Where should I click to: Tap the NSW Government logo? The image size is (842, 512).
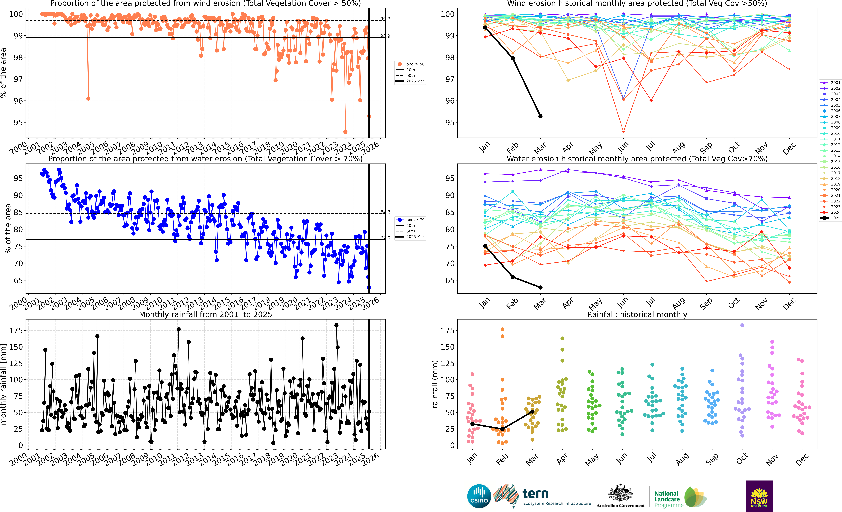coord(759,496)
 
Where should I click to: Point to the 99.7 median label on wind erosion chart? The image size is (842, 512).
coord(385,19)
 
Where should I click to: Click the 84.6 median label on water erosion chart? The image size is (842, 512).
coord(385,212)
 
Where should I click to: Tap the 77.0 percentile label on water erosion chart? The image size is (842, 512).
coord(385,238)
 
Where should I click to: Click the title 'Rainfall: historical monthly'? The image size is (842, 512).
coord(637,314)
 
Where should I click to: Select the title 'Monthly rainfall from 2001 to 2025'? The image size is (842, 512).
coord(205,314)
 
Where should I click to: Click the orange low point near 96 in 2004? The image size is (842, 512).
coord(88,99)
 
